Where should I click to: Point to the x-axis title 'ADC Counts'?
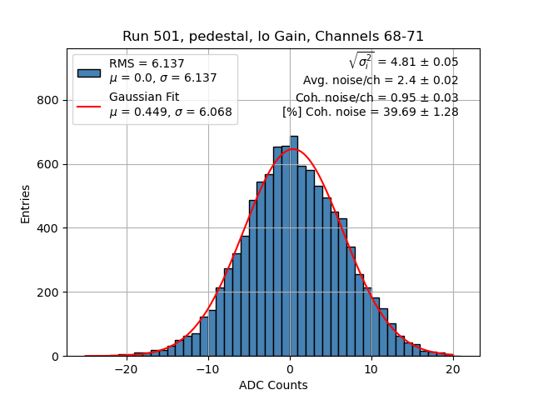click(273, 385)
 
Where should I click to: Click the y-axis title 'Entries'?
click(26, 203)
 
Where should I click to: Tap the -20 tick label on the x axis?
click(126, 369)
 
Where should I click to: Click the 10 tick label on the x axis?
click(371, 369)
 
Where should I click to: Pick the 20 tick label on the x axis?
click(453, 369)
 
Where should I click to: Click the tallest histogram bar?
click(294, 250)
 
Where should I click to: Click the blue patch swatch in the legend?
click(89, 72)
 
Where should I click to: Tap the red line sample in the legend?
click(89, 105)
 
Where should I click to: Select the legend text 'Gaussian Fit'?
click(144, 97)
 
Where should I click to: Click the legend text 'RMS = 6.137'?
click(147, 64)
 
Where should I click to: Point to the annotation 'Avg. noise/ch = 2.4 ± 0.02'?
click(381, 81)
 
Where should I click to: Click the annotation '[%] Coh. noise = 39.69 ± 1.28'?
click(370, 112)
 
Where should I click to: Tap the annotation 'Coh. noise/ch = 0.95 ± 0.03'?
click(376, 97)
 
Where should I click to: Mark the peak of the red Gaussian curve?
click(293, 149)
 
